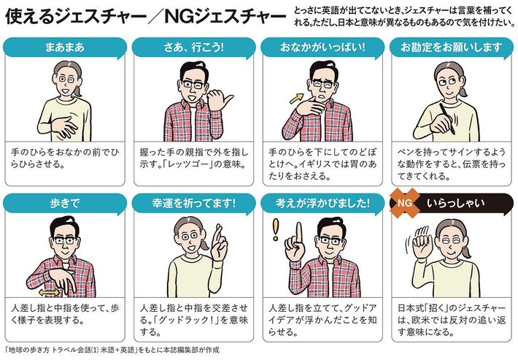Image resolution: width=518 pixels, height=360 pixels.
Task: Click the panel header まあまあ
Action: pyautogui.click(x=65, y=47)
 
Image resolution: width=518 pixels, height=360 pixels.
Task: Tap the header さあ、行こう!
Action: pyautogui.click(x=193, y=47)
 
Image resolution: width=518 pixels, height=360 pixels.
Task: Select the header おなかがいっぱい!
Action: pyautogui.click(x=322, y=47)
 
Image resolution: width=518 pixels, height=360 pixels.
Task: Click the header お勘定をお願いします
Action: pyautogui.click(x=452, y=47)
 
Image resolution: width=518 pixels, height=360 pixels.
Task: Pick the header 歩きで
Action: pyautogui.click(x=65, y=203)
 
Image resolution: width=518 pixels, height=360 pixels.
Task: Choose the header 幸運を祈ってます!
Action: pyautogui.click(x=193, y=203)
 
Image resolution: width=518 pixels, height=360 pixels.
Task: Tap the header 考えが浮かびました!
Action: pyautogui.click(x=322, y=203)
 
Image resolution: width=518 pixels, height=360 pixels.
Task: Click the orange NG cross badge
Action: pyautogui.click(x=405, y=203)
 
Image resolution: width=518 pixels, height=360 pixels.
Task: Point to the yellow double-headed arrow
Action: pyautogui.click(x=49, y=292)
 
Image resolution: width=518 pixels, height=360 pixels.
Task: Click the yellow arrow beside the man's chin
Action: pyautogui.click(x=297, y=98)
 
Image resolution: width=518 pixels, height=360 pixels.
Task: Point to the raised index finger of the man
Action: pyautogui.click(x=299, y=232)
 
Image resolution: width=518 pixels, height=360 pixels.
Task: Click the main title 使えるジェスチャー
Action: pyautogui.click(x=76, y=16)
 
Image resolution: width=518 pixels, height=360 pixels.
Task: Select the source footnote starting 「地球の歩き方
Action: pyautogui.click(x=112, y=350)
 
